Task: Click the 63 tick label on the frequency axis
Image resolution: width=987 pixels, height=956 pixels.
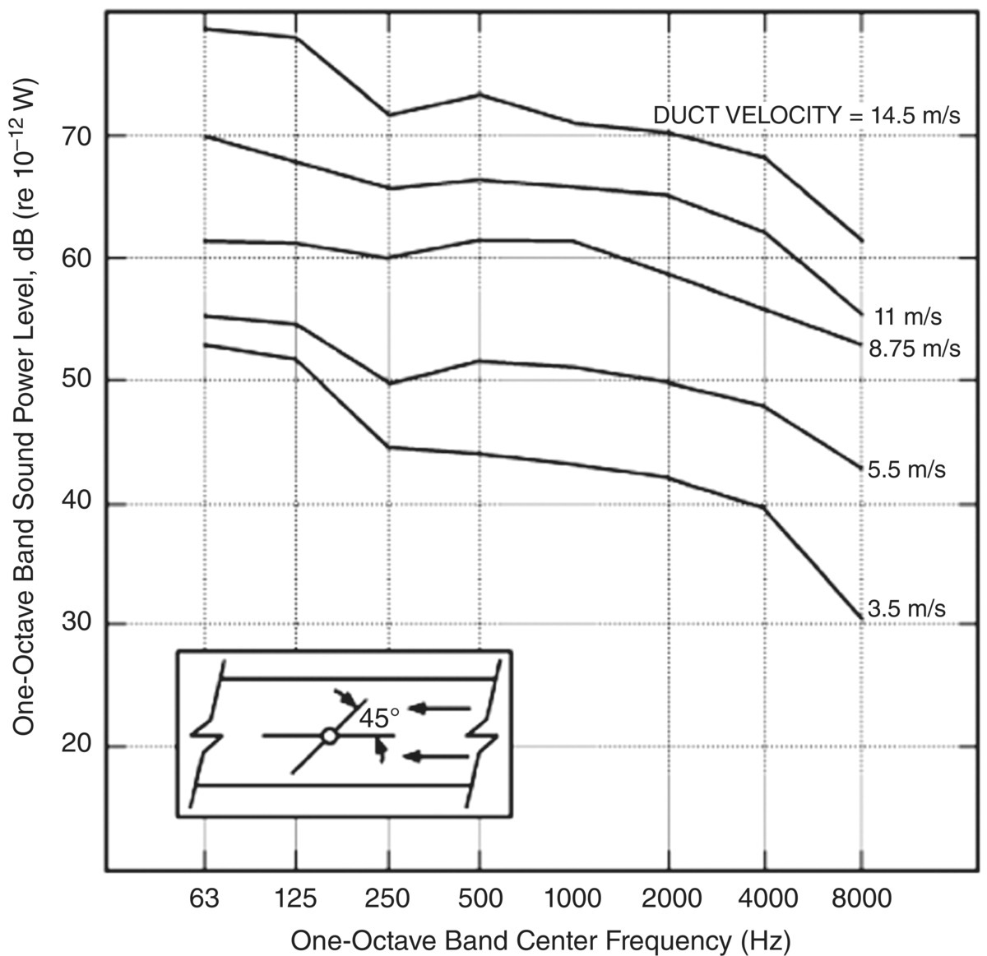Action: pos(204,898)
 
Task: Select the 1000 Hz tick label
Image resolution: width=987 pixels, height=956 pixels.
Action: pos(572,898)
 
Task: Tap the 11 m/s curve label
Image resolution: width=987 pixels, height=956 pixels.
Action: pos(908,316)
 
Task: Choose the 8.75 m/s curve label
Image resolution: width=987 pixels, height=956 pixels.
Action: pos(914,349)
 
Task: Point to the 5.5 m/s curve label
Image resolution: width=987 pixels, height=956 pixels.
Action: pos(906,469)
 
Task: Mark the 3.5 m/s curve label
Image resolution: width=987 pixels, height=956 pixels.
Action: pos(906,609)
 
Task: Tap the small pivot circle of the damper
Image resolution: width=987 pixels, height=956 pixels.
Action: pos(329,736)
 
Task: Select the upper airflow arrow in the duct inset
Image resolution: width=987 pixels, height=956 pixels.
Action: pos(440,708)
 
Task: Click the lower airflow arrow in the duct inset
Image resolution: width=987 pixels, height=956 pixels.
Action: pos(440,757)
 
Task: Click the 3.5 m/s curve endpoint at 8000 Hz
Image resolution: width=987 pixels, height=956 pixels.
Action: pos(860,617)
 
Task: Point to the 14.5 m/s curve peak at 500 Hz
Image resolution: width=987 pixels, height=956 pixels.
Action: pos(480,95)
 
